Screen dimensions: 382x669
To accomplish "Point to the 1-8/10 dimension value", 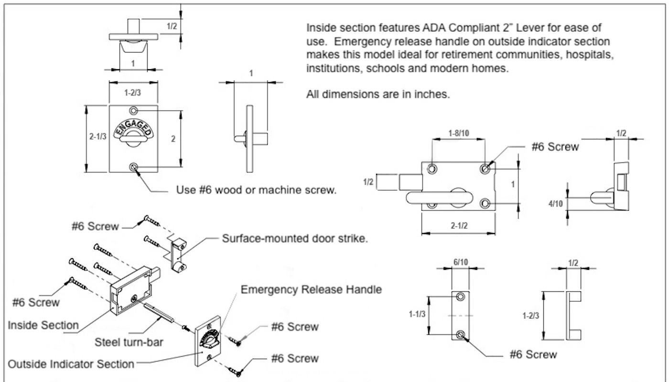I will [x=458, y=132].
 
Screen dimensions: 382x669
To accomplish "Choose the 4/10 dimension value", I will [x=555, y=203].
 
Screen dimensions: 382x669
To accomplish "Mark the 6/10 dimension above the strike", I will [x=461, y=262].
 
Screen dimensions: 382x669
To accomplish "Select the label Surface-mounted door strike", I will [x=295, y=239].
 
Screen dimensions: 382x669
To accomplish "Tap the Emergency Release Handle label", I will [x=311, y=289].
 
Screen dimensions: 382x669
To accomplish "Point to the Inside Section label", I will [x=43, y=325].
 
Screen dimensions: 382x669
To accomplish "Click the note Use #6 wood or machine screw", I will [x=257, y=190].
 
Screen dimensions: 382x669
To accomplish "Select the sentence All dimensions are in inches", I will [x=378, y=94].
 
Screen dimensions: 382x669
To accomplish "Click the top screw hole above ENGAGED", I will [x=133, y=111].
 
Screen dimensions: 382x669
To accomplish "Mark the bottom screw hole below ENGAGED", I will [x=133, y=167].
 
